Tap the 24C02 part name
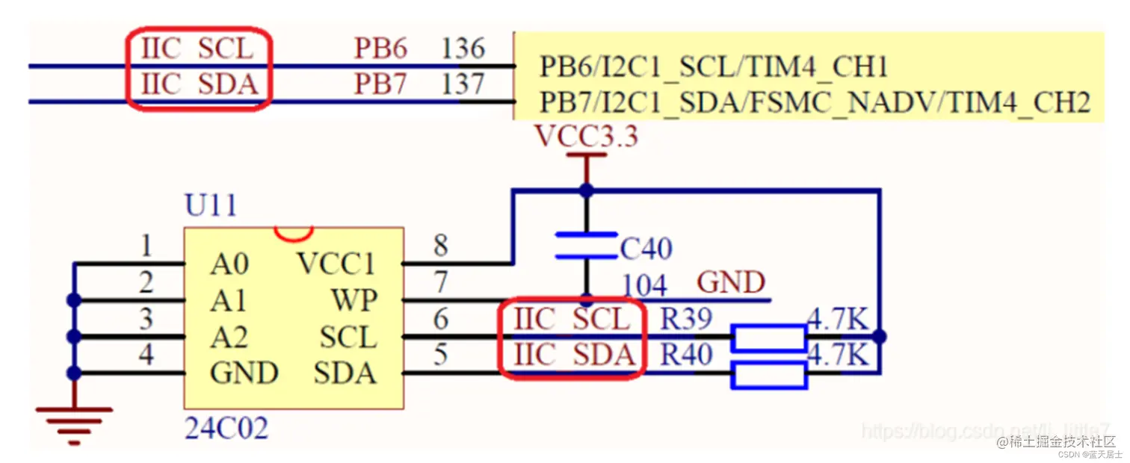226,428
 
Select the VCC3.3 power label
586,137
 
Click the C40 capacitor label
646,249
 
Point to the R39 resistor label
686,319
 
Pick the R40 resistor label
686,355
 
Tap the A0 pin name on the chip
229,264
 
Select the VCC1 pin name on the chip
336,264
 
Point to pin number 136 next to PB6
463,49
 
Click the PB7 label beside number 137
380,84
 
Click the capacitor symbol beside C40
586,245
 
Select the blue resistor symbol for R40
769,375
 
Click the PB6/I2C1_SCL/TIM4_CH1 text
713,68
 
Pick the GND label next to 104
731,283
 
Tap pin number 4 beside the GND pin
146,354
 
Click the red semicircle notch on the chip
293,234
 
